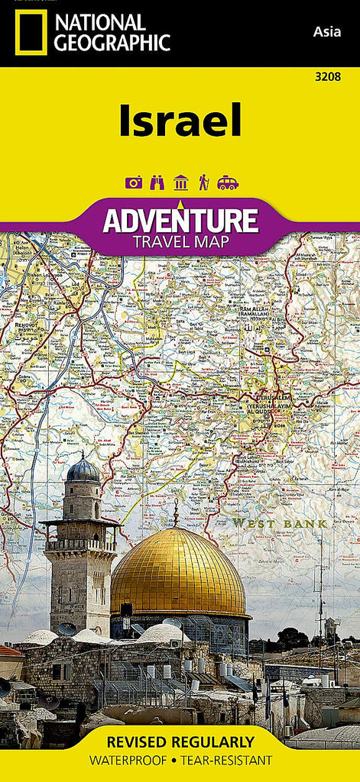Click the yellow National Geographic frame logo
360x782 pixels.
click(31, 32)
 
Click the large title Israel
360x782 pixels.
click(180, 121)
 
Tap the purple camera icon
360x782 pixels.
click(134, 183)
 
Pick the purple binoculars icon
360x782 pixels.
click(157, 183)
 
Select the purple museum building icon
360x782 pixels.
click(181, 183)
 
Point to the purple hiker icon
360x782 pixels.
click(204, 183)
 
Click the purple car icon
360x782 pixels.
click(228, 183)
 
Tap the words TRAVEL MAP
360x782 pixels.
click(180, 242)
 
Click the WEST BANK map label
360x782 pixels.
click(280, 523)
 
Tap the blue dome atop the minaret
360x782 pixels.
click(83, 470)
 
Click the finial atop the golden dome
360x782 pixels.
click(175, 512)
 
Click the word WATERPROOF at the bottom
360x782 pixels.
click(130, 761)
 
